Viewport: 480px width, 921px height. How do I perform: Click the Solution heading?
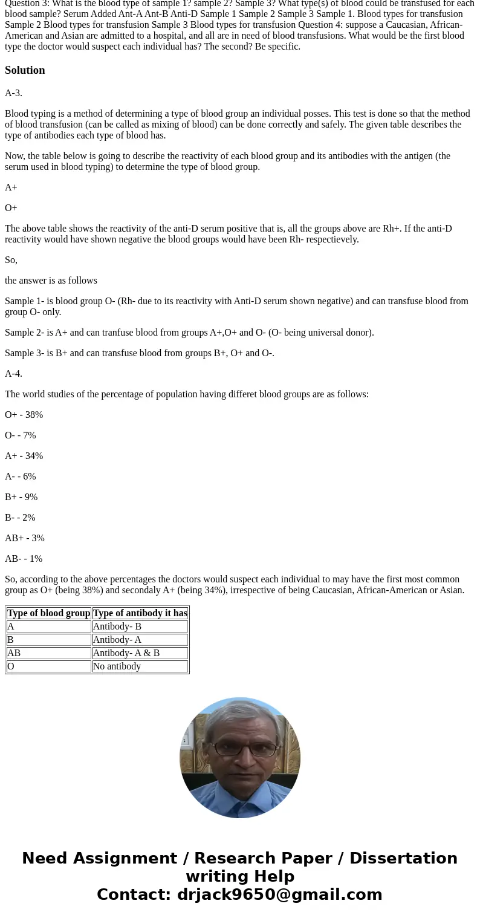pos(25,70)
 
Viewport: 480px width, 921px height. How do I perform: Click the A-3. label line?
pos(13,93)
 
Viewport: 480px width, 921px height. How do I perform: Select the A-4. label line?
pos(13,374)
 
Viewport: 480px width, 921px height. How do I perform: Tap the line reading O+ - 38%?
pos(24,415)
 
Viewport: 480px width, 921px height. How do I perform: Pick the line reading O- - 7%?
pos(20,435)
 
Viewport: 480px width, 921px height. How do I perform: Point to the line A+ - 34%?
pos(24,456)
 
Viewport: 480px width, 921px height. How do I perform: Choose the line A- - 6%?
pos(20,477)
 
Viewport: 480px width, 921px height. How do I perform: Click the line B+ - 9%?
pos(21,497)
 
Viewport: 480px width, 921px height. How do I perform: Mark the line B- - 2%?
pos(20,518)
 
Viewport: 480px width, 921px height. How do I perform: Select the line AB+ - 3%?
pos(25,538)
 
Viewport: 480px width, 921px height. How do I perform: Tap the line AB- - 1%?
pos(24,559)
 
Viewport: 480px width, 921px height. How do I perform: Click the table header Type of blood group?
pos(49,613)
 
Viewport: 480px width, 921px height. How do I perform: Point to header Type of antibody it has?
pos(140,613)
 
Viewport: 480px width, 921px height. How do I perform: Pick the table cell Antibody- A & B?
pos(126,653)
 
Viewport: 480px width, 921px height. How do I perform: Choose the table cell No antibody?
pos(117,666)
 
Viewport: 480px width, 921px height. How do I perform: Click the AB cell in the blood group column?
pos(14,653)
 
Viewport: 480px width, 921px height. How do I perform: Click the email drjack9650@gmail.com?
pos(279,895)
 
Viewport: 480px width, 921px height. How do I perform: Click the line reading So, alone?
pos(11,260)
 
